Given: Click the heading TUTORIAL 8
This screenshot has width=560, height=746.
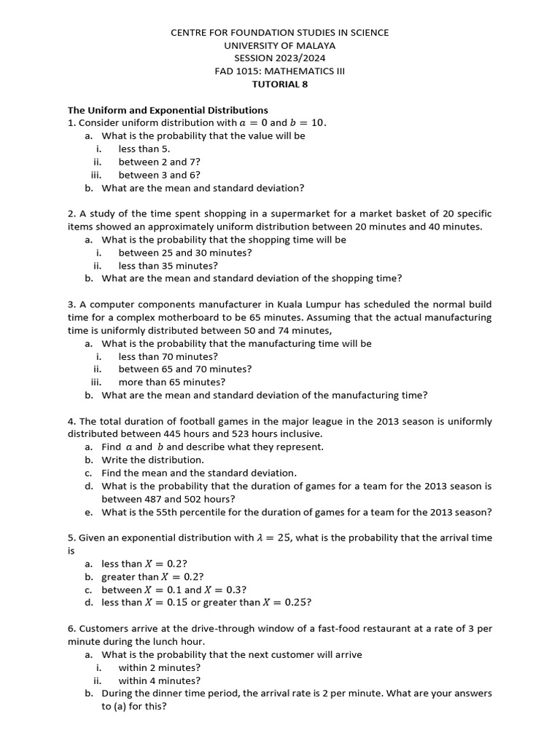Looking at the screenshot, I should click(x=280, y=84).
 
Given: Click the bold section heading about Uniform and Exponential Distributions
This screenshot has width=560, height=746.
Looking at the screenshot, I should click(x=168, y=110).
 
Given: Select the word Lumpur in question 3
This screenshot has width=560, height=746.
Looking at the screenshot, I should click(x=338, y=305).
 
